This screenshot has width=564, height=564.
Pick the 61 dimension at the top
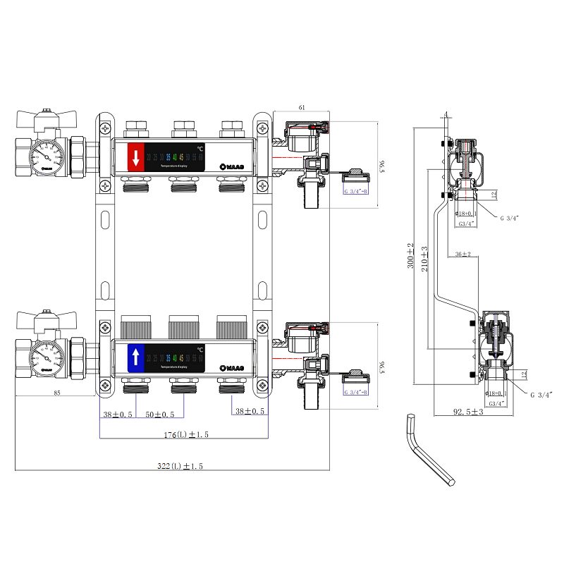(x=302, y=107)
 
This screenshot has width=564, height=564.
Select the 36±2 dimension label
(x=463, y=254)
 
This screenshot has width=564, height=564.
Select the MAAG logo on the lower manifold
(x=233, y=367)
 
